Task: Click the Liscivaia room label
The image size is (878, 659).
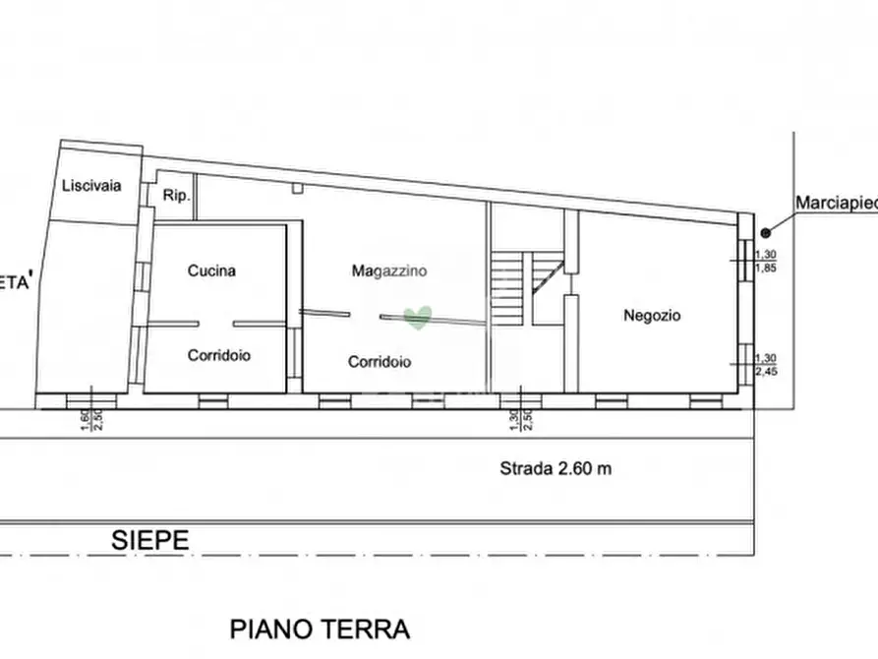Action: click(x=90, y=186)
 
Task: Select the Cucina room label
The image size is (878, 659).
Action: click(x=211, y=271)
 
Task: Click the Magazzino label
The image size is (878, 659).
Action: click(x=389, y=271)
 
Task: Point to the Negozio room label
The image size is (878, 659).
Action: click(x=652, y=316)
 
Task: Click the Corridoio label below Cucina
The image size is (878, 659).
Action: click(x=218, y=355)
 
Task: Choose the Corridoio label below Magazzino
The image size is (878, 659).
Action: click(x=380, y=362)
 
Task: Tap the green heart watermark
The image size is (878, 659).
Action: click(x=418, y=317)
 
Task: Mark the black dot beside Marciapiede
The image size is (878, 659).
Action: click(x=765, y=233)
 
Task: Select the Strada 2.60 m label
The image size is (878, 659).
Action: click(x=554, y=469)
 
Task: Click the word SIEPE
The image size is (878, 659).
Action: click(x=148, y=539)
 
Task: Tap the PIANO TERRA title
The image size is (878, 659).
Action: click(x=319, y=629)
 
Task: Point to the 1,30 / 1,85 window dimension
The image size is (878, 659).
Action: click(x=763, y=261)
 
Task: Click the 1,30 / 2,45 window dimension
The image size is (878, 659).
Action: click(x=763, y=365)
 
